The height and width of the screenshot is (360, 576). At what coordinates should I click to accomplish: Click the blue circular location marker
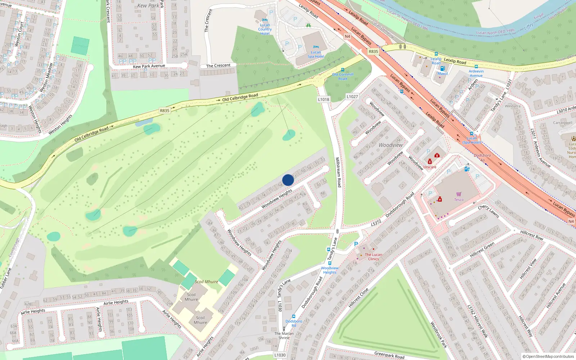(288, 180)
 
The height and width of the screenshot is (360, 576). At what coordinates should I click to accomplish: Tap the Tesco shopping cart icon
(459, 194)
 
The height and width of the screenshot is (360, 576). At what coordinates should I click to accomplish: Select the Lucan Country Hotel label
(265, 29)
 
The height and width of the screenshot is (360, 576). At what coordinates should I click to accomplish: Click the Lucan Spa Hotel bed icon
(316, 47)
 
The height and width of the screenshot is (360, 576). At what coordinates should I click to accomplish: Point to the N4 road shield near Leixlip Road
(347, 36)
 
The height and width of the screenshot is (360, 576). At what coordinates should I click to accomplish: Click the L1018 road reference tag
(324, 99)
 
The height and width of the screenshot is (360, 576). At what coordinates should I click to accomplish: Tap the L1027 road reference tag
(352, 96)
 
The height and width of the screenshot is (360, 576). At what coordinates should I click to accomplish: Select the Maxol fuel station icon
(442, 68)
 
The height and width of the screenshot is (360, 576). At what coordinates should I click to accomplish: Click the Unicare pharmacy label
(429, 167)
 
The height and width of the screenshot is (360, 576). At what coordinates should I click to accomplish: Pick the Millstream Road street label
(338, 172)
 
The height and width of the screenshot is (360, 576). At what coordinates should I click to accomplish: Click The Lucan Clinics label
(373, 257)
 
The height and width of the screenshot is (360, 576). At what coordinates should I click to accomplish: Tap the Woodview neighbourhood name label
(391, 145)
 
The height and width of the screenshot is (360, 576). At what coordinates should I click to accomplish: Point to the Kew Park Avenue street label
(149, 66)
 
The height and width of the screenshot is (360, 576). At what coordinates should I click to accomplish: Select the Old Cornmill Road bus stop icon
(342, 70)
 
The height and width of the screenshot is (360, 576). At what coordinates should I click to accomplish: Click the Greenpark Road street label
(389, 355)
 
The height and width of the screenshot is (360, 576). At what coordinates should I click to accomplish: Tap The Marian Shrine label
(284, 336)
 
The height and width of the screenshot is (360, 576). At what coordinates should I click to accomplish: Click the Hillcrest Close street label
(359, 297)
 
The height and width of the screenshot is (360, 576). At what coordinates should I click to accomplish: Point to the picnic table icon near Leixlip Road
(308, 25)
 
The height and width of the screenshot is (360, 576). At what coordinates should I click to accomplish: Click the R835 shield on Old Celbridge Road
(165, 111)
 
